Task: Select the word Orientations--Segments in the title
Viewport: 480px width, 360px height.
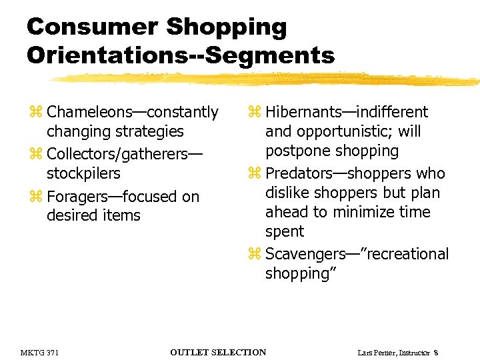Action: [181, 55]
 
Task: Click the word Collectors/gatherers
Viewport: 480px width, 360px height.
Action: [117, 154]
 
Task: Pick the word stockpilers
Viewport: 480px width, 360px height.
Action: [83, 173]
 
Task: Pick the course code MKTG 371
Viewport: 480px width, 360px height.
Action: [39, 352]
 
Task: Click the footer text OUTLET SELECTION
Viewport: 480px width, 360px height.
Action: [218, 352]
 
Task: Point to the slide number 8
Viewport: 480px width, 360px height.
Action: [435, 352]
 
